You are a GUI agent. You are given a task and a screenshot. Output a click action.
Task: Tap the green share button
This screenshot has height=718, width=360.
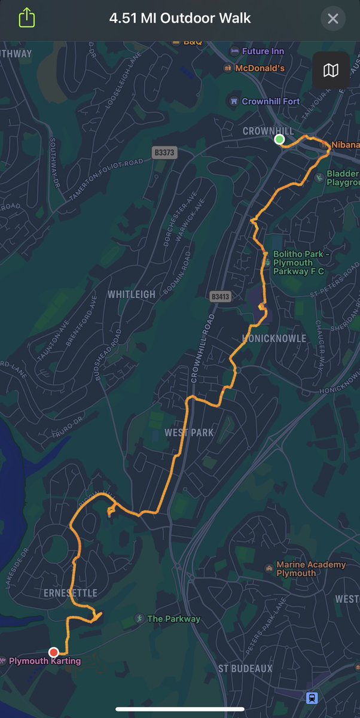tap(27, 18)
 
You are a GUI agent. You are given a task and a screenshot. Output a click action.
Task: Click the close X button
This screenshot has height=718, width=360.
tap(333, 19)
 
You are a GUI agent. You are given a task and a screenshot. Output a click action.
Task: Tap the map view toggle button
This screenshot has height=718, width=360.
tap(331, 71)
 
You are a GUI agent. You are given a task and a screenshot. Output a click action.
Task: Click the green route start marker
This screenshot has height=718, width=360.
tap(279, 139)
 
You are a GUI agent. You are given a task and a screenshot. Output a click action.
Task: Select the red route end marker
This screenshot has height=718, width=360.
tap(54, 652)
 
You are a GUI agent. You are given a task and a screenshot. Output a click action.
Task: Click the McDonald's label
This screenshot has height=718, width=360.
tap(260, 68)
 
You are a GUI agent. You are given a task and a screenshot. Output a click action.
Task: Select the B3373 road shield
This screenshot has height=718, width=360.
tap(164, 153)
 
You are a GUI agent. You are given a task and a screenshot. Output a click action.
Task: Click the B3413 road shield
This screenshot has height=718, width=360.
tap(220, 296)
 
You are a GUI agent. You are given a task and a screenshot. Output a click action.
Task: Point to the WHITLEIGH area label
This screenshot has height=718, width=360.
tap(132, 294)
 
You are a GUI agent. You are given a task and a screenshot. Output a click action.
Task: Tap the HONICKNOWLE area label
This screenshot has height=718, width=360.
tap(274, 339)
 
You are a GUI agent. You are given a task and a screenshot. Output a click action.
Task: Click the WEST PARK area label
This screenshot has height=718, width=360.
tap(189, 433)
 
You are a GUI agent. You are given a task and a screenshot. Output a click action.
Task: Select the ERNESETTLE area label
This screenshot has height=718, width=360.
tap(70, 593)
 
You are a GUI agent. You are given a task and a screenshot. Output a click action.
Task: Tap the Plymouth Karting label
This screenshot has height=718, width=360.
tap(45, 661)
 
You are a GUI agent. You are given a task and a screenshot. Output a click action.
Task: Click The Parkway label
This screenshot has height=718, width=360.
tap(173, 619)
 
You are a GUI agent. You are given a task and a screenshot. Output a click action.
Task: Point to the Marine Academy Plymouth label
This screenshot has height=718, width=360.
tap(311, 569)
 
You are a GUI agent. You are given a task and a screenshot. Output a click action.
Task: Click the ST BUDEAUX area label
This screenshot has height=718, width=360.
tap(245, 668)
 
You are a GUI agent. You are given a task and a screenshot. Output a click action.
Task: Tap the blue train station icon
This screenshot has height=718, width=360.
tap(312, 698)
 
